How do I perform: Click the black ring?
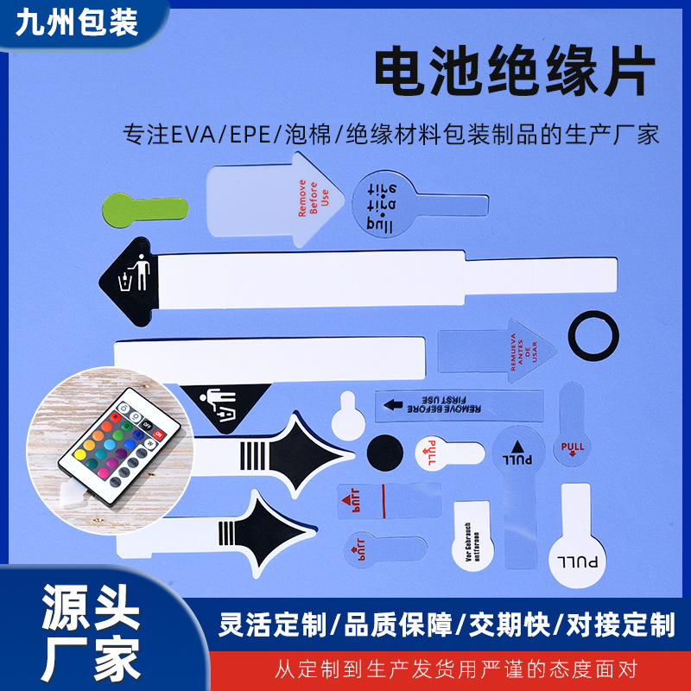[593, 333]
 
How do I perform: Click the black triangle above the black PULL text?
[518, 447]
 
